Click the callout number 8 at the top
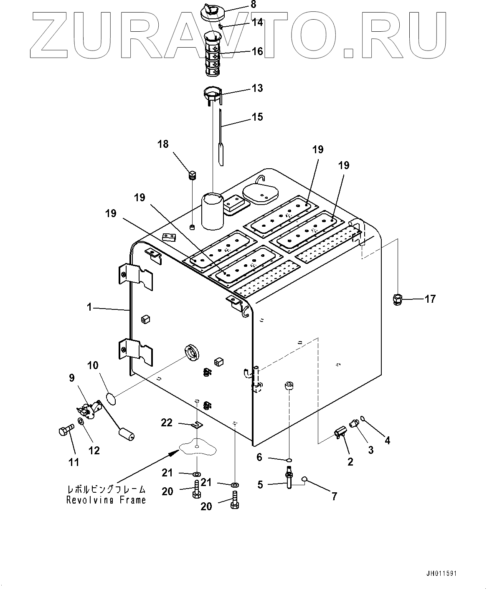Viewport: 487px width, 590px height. click(254, 5)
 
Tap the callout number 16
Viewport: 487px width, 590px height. click(257, 51)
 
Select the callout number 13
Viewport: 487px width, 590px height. click(257, 88)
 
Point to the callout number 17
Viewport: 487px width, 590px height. click(430, 299)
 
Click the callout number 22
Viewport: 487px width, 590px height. click(167, 423)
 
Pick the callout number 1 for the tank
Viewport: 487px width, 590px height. click(89, 307)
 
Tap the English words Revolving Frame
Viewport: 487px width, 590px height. click(106, 500)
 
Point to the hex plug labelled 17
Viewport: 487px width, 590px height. click(398, 299)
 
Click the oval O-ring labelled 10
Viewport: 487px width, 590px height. click(110, 399)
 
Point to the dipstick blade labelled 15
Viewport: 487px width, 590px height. click(221, 142)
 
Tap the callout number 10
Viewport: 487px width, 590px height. click(93, 366)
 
